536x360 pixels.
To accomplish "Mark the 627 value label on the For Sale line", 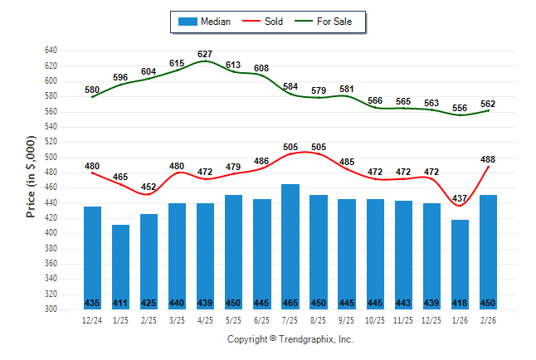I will [206, 54].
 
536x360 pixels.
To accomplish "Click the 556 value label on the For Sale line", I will [460, 108].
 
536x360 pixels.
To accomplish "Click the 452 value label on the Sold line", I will [149, 187].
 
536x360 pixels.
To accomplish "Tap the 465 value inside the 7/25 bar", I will [290, 302].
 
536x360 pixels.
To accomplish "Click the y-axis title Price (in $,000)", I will [31, 178].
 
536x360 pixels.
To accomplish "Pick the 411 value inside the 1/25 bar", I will [121, 302].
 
